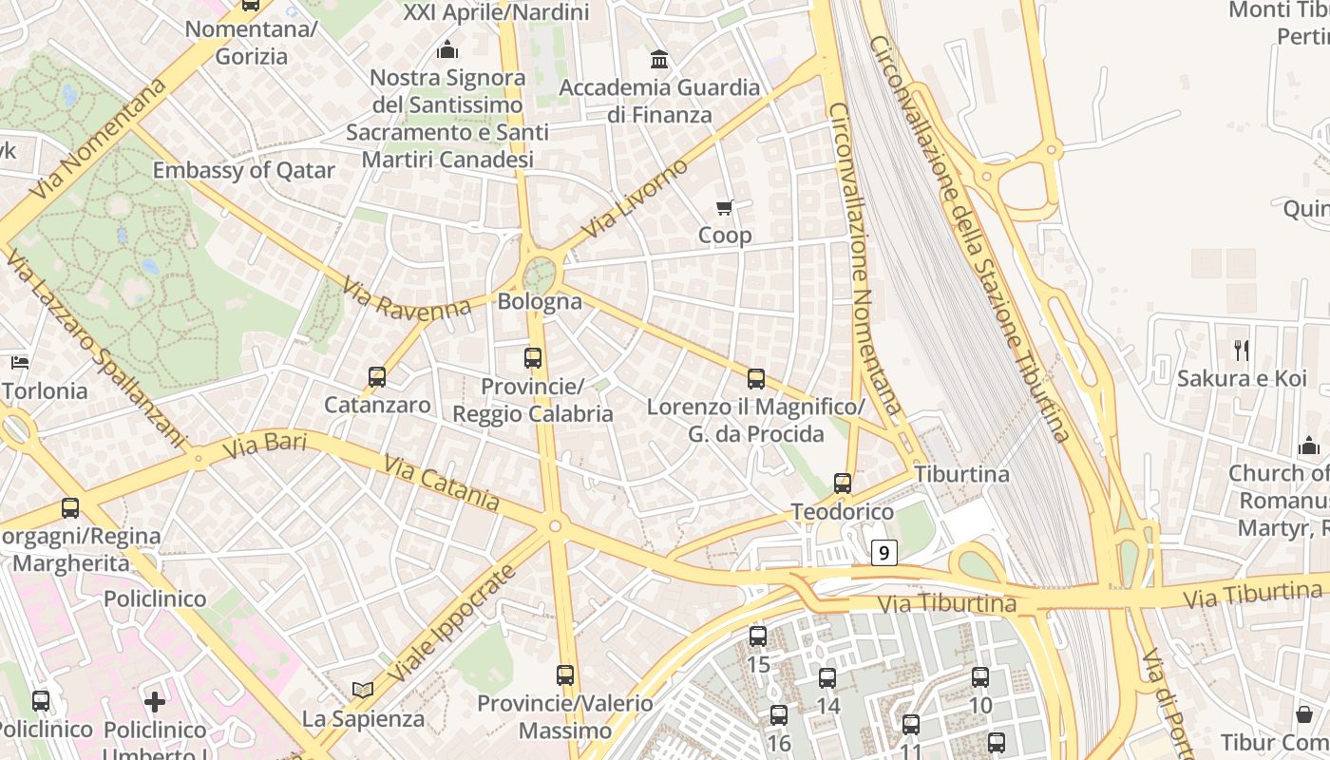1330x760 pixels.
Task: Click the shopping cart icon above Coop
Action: click(725, 207)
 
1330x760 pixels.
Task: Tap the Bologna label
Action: click(540, 302)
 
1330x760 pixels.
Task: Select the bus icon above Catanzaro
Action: click(377, 377)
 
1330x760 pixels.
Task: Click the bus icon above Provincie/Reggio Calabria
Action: click(533, 358)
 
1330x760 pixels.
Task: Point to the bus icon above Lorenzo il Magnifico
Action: click(756, 379)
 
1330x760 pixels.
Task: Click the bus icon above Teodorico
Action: click(843, 484)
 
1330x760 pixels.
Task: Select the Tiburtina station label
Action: click(961, 473)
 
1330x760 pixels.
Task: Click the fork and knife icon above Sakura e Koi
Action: click(1242, 351)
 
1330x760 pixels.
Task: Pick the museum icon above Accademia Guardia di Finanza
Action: click(659, 60)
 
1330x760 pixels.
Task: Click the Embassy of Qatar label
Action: click(244, 171)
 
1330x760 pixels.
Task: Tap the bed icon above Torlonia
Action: click(20, 363)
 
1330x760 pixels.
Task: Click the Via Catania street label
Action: click(442, 483)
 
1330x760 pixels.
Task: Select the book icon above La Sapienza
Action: click(363, 690)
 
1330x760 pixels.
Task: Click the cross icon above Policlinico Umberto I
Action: click(155, 702)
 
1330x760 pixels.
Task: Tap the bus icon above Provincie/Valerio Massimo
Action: click(565, 675)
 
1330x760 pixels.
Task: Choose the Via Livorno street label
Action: click(635, 199)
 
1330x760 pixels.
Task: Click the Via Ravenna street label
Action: click(407, 298)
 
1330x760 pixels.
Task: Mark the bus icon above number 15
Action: click(758, 636)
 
